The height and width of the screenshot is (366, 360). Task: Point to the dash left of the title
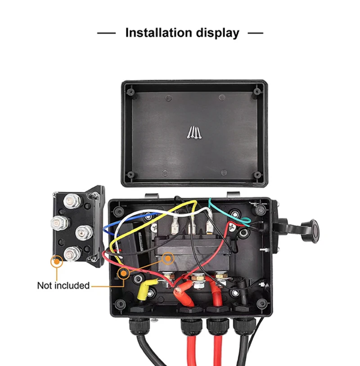tap(106, 33)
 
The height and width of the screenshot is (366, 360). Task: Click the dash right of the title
tap(255, 33)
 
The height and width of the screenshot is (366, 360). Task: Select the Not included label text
tap(63, 285)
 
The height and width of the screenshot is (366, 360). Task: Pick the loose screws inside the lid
tap(194, 132)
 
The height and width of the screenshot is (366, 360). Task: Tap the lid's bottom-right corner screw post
tap(257, 175)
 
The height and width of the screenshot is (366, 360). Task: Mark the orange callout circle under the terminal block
tap(57, 261)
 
